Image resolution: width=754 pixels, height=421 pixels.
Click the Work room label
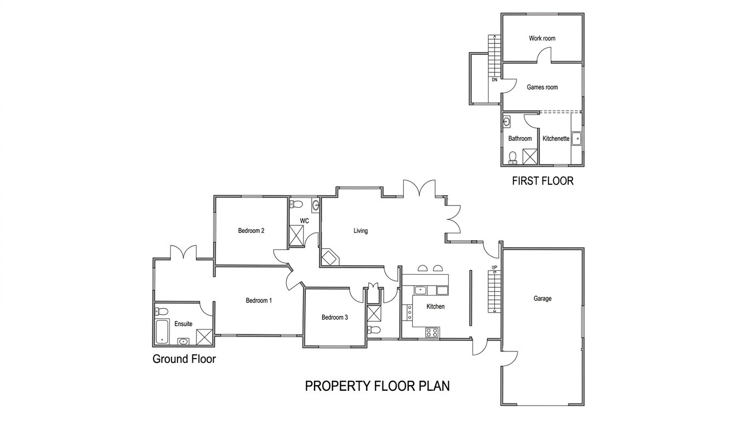pyautogui.click(x=542, y=38)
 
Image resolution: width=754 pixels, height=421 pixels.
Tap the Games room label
pyautogui.click(x=542, y=87)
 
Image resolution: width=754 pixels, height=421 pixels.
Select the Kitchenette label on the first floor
pyautogui.click(x=556, y=139)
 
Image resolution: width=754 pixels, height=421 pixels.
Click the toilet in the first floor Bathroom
pyautogui.click(x=513, y=158)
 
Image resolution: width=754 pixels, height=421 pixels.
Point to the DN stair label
pyautogui.click(x=494, y=80)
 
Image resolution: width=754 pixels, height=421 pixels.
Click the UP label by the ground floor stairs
pyautogui.click(x=494, y=268)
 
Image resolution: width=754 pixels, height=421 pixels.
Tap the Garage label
pyautogui.click(x=542, y=298)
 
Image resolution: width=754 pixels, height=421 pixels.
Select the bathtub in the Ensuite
pyautogui.click(x=162, y=332)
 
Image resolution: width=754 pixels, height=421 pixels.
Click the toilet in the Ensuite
pyautogui.click(x=162, y=311)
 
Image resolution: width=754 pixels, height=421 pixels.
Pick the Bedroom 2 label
pyautogui.click(x=251, y=231)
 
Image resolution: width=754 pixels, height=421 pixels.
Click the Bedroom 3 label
pyautogui.click(x=335, y=317)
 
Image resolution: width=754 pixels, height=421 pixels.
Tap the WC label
pyautogui.click(x=304, y=221)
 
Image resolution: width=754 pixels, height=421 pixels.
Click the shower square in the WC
pyautogui.click(x=296, y=236)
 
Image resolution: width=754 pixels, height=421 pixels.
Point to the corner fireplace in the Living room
pyautogui.click(x=329, y=258)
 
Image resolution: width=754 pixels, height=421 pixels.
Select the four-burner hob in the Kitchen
pyautogui.click(x=432, y=333)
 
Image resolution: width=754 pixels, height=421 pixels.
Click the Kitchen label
pyautogui.click(x=436, y=306)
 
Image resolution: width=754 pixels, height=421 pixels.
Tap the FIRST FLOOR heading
pyautogui.click(x=542, y=181)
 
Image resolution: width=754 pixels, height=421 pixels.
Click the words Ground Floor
pyautogui.click(x=184, y=359)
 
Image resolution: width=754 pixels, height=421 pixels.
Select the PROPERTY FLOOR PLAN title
pyautogui.click(x=378, y=386)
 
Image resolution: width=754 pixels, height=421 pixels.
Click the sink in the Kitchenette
pyautogui.click(x=578, y=139)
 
